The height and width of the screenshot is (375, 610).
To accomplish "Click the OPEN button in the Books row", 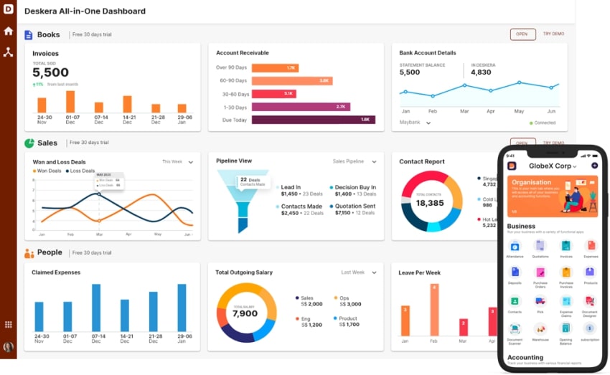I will [522, 34].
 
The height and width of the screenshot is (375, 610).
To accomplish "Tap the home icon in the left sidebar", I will [9, 31].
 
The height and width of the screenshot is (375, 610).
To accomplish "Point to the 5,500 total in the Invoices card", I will [51, 72].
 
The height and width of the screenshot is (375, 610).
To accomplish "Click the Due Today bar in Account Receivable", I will [313, 120].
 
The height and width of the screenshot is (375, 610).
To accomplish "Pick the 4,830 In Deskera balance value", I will [481, 72].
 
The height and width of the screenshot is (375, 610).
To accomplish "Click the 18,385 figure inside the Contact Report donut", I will [431, 203].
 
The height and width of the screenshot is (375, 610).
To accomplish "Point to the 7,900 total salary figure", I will [245, 313].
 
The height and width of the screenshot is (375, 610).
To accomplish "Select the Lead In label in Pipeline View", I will [291, 187].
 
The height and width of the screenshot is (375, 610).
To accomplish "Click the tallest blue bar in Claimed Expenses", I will [96, 308].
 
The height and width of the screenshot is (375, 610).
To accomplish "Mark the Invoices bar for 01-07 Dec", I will [70, 101].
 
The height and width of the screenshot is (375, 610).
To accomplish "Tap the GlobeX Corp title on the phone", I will [551, 166].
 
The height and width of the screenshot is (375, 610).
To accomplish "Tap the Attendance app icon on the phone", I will [515, 247].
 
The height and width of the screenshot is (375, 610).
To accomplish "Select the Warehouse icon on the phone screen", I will [540, 330].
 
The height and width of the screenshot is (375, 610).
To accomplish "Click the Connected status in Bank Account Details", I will [543, 123].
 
